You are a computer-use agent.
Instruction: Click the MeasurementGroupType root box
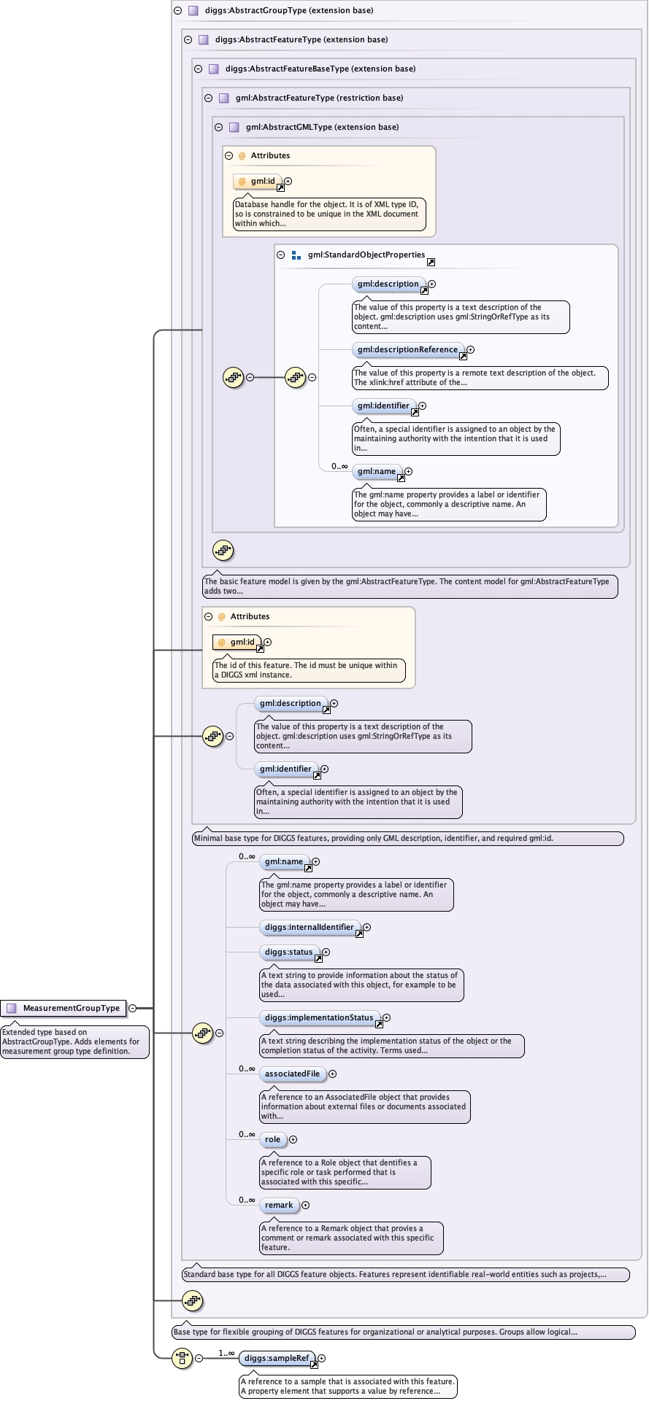point(64,1008)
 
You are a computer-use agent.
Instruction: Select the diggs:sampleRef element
point(277,1358)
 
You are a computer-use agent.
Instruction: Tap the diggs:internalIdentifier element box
point(310,927)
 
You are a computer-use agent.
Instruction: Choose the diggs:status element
point(289,952)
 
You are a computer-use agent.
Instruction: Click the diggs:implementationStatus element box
point(319,1017)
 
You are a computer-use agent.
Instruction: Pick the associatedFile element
point(292,1074)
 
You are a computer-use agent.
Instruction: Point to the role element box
point(272,1139)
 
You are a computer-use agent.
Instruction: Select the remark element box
point(279,1205)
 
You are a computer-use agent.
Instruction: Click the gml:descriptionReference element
point(407,349)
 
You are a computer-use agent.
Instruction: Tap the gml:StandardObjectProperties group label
point(366,255)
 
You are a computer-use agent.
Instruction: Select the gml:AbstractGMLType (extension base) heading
point(322,127)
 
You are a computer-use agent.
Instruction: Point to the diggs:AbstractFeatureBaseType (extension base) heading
point(320,69)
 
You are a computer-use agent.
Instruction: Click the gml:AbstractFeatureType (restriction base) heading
point(319,98)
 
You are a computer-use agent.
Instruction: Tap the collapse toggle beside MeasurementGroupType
point(133,1008)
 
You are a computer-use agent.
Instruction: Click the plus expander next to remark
point(305,1205)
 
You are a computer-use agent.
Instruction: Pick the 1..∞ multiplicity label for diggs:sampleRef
point(226,1353)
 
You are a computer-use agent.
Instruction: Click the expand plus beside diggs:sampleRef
point(321,1358)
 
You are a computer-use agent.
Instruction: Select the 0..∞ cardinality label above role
point(247,1134)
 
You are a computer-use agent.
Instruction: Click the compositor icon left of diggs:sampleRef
point(182,1358)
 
